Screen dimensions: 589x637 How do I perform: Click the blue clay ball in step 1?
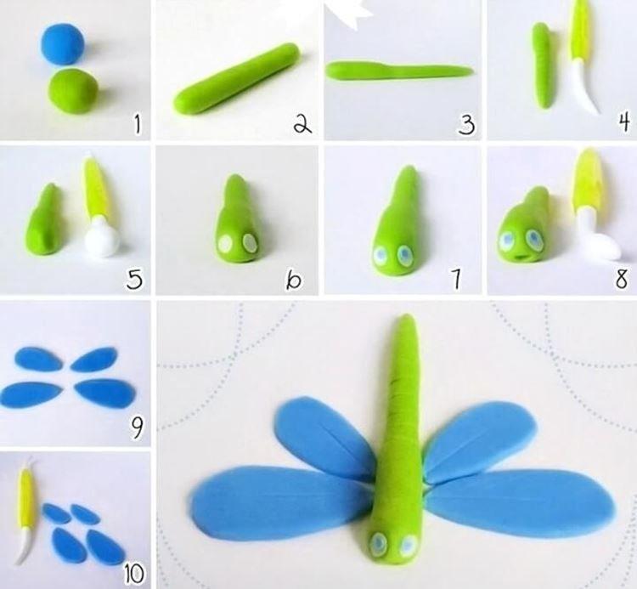point(61,43)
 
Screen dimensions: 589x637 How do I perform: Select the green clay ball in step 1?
point(71,91)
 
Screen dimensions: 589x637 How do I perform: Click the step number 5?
point(133,277)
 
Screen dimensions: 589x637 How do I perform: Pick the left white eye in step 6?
point(225,244)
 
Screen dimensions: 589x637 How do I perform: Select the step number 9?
point(135,428)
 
